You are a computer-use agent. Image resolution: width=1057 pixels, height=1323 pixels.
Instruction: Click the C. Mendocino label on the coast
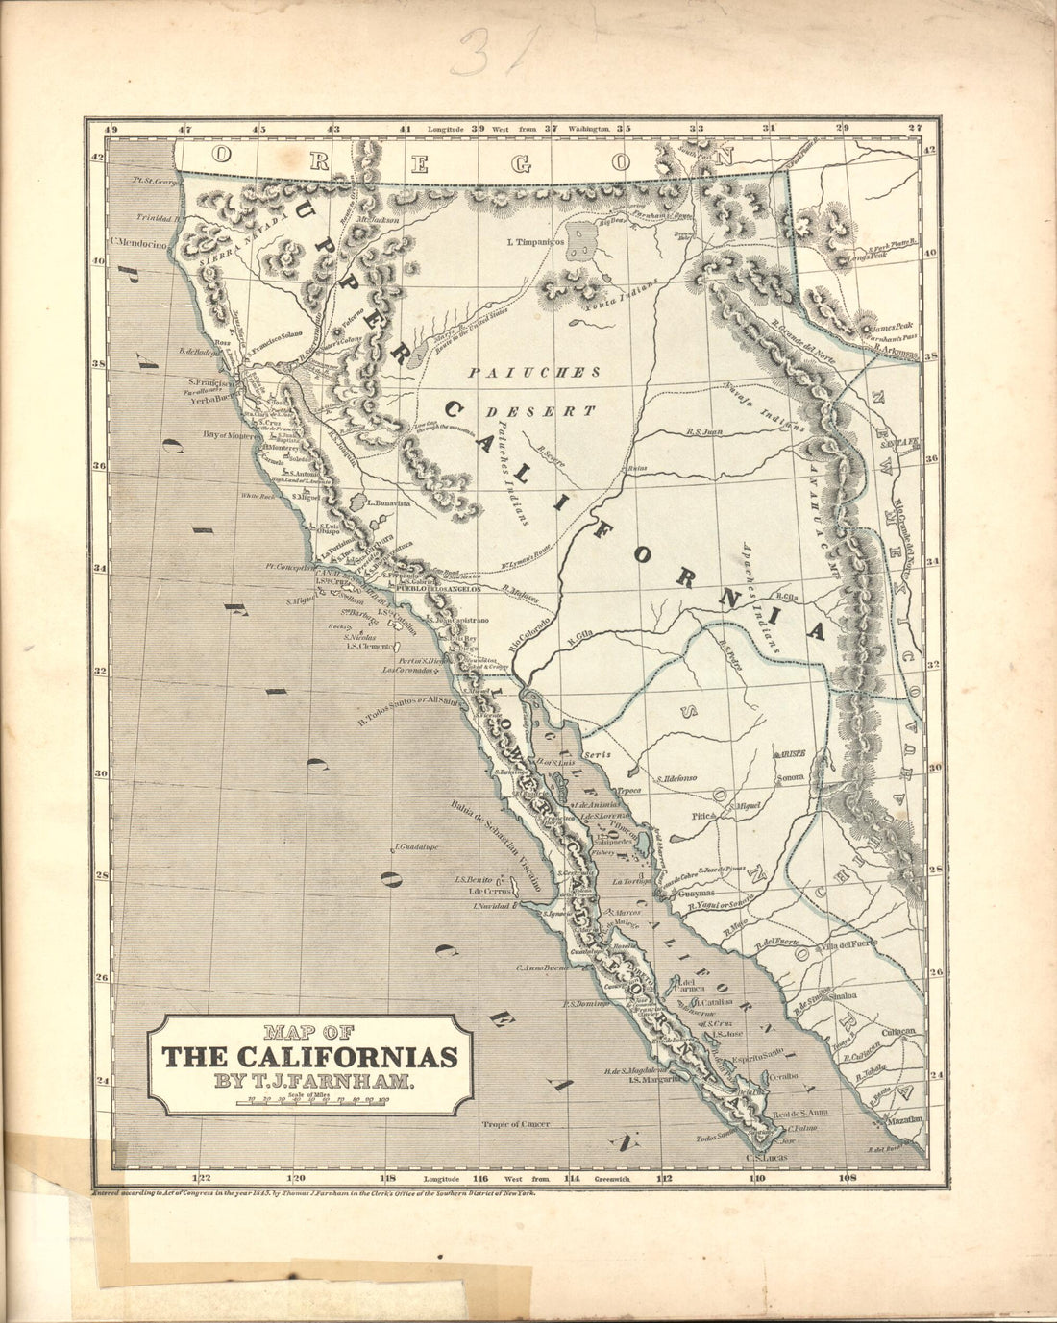coord(138,244)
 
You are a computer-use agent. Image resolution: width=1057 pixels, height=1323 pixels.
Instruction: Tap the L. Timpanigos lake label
coord(534,241)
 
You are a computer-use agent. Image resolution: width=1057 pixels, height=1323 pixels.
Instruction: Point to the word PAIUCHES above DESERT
coord(534,372)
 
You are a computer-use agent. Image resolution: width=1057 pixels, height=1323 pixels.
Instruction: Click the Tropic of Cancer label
coord(517,1123)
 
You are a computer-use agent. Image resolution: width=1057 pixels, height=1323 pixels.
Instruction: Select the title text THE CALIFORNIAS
coord(309,1057)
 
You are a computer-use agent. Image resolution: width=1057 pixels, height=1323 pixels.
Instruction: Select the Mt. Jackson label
coord(377,219)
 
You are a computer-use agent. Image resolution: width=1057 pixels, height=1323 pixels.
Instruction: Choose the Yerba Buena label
coord(212,399)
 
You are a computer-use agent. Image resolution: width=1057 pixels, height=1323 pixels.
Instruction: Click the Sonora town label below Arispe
coord(790,776)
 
